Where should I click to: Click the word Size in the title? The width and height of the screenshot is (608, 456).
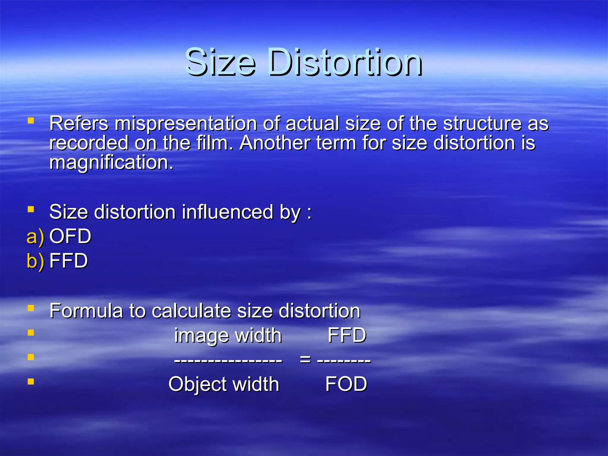[220, 62]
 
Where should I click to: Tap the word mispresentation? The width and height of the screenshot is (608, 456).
[186, 123]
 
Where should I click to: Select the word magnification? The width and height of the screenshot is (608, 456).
[111, 162]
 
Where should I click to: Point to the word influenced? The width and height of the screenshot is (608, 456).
[227, 212]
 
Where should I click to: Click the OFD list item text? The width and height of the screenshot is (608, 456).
[70, 236]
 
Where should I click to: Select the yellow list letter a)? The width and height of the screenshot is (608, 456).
[35, 237]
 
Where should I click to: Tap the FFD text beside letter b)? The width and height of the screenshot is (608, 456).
[69, 261]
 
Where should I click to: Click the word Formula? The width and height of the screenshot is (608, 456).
[86, 311]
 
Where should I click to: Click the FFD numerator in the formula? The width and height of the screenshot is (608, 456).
[347, 335]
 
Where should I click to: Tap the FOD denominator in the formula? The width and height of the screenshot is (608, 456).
[346, 384]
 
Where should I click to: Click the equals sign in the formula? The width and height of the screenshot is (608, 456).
[305, 360]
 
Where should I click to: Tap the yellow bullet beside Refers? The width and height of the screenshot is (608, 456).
[31, 121]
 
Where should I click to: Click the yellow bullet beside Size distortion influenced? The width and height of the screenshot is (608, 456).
[31, 210]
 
